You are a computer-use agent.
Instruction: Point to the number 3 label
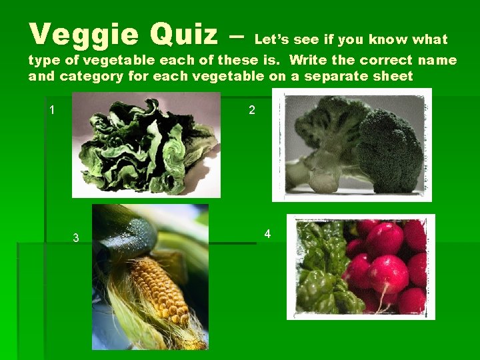tap(76, 238)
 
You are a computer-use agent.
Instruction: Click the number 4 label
tap(267, 234)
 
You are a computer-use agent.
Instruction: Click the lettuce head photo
tap(146, 144)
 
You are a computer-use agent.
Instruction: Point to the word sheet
tap(393, 76)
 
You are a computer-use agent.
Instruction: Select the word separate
tap(337, 76)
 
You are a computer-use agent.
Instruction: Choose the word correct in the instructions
tap(376, 61)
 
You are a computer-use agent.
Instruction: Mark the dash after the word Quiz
tap(236, 35)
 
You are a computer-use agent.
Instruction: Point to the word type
tap(43, 61)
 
